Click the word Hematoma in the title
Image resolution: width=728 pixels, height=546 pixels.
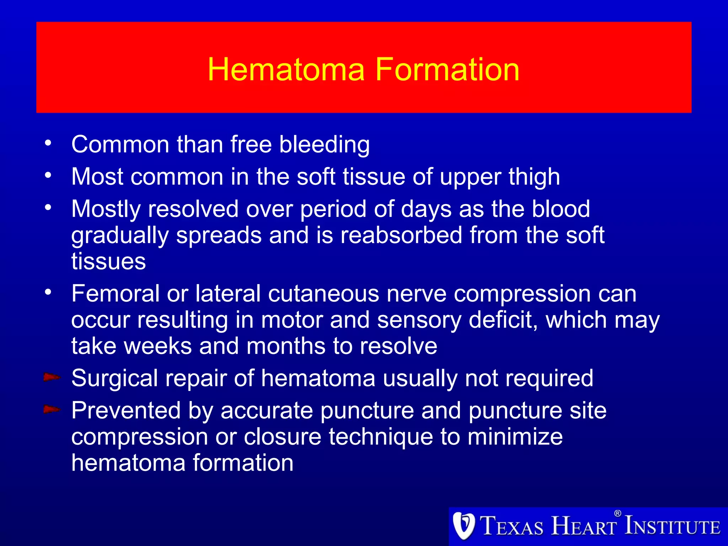point(286,70)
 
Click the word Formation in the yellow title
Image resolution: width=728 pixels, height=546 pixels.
point(447,70)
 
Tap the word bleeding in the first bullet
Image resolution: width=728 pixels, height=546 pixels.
point(324,145)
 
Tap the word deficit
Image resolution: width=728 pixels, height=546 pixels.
point(503,320)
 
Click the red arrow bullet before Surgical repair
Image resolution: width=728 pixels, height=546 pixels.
point(52,377)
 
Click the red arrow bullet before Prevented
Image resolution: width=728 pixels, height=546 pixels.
point(52,409)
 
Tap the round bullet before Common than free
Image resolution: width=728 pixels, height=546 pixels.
point(48,143)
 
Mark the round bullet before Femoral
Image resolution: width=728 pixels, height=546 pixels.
point(48,293)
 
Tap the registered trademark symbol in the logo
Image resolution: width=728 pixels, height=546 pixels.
point(617,513)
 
